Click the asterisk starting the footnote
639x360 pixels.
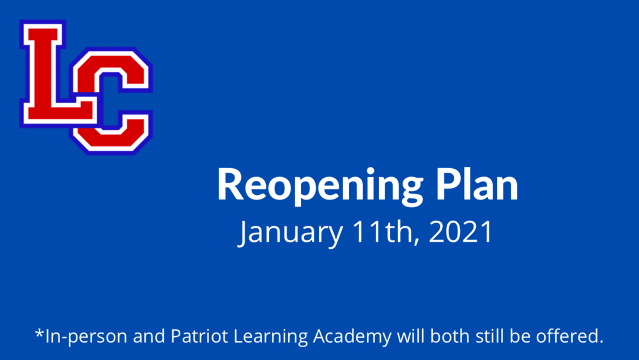tap(39, 334)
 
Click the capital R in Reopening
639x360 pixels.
tap(231, 185)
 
